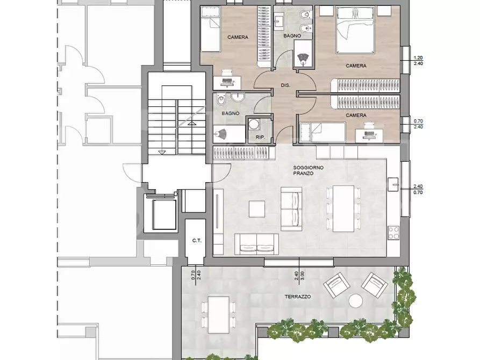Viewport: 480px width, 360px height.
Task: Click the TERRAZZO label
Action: (x=298, y=297)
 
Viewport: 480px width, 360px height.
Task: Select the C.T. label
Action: (x=197, y=241)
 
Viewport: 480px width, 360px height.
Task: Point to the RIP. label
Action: (x=261, y=138)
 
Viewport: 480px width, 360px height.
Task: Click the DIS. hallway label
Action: (x=285, y=85)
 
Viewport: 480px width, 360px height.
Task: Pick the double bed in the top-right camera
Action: (x=355, y=30)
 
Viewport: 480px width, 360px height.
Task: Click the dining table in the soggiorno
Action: (x=343, y=208)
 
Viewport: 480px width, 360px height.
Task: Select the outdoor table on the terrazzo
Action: (x=219, y=315)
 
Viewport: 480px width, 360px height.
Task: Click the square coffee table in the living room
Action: (x=257, y=209)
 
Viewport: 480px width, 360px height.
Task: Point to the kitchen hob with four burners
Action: (x=393, y=232)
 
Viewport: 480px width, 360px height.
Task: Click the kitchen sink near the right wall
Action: (x=393, y=184)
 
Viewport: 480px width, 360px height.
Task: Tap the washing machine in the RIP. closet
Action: (x=253, y=125)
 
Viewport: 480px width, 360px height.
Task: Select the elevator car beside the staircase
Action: (x=164, y=214)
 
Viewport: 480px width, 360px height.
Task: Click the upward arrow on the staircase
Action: (x=192, y=124)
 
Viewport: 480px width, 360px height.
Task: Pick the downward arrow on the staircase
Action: (x=162, y=152)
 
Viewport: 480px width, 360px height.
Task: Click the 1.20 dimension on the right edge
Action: (x=418, y=57)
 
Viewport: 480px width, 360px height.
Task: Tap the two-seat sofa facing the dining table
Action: (x=291, y=209)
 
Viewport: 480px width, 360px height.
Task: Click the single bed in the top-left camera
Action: (x=210, y=29)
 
